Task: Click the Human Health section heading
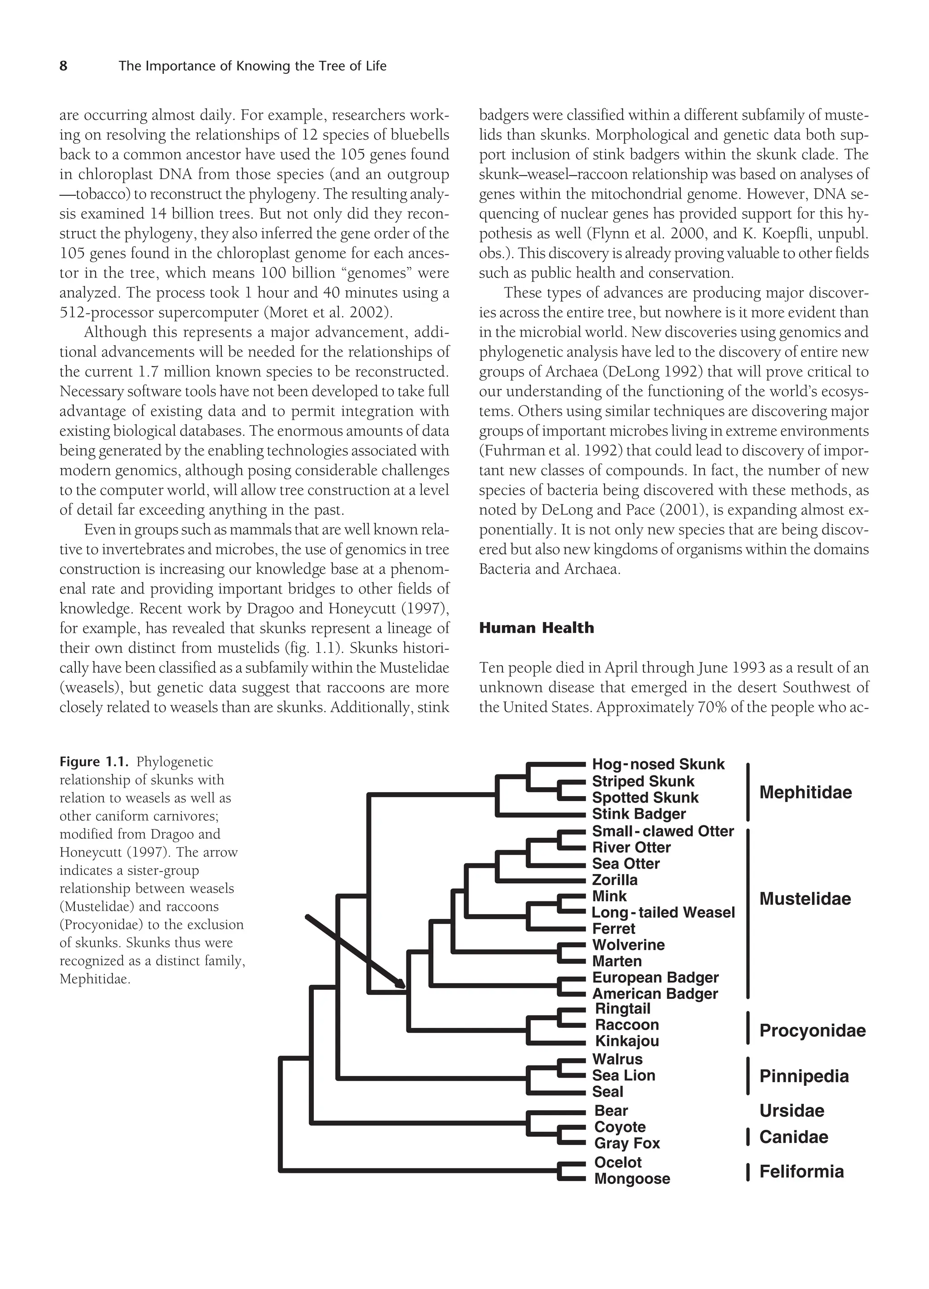point(536,628)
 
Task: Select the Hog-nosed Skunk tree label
point(658,764)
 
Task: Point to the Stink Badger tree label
point(639,814)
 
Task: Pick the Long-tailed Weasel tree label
point(663,912)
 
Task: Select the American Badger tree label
point(655,993)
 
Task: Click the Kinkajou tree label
point(626,1041)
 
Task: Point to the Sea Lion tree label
point(623,1075)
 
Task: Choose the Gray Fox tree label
point(626,1143)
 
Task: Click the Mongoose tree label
point(631,1178)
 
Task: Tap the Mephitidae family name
point(805,792)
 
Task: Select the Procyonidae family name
point(812,1031)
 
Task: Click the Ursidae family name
point(792,1110)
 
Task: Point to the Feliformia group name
point(801,1171)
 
